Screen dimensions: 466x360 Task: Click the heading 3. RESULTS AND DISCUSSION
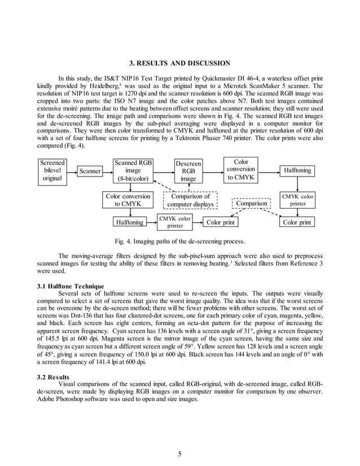179,63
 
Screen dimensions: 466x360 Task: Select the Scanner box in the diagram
90,170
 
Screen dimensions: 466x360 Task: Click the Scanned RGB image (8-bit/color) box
133,170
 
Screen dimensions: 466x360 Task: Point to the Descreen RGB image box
188,170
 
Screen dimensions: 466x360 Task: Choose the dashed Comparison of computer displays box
190,200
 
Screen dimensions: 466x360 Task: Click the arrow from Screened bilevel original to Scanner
72,170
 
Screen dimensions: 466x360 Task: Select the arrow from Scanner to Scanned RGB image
108,170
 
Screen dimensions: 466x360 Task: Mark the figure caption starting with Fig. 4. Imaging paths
179,241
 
